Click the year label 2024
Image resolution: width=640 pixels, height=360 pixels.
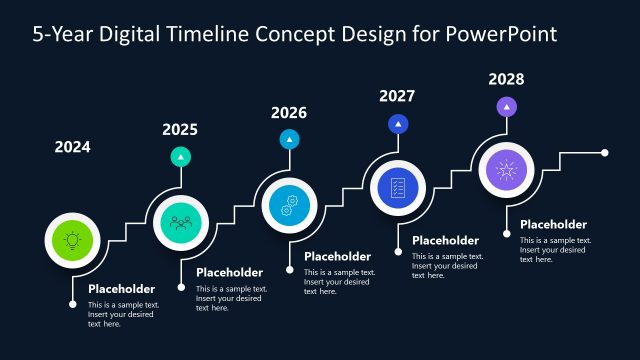point(72,147)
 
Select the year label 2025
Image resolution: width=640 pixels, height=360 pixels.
point(180,129)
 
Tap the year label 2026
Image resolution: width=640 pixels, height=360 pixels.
point(289,113)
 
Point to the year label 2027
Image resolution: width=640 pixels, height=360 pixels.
point(397,96)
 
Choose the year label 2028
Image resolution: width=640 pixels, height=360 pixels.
point(506,78)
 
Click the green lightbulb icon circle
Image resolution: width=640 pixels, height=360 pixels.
point(72,240)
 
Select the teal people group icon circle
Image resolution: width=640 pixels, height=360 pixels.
point(181,222)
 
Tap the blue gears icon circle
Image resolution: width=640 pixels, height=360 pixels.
point(289,205)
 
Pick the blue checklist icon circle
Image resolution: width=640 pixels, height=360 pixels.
point(398,187)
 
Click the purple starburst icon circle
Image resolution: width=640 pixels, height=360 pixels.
point(506,170)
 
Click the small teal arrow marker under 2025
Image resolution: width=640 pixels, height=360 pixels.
point(180,156)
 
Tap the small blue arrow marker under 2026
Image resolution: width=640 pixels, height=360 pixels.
point(289,139)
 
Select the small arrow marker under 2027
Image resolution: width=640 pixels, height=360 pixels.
point(398,124)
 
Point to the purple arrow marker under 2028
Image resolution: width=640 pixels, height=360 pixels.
point(506,106)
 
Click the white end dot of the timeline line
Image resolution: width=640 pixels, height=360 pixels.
point(605,153)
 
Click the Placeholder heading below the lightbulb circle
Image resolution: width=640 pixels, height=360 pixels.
point(122,289)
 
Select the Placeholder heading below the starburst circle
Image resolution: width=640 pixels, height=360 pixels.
point(554,224)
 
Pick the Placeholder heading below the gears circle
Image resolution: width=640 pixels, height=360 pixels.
point(337,256)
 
